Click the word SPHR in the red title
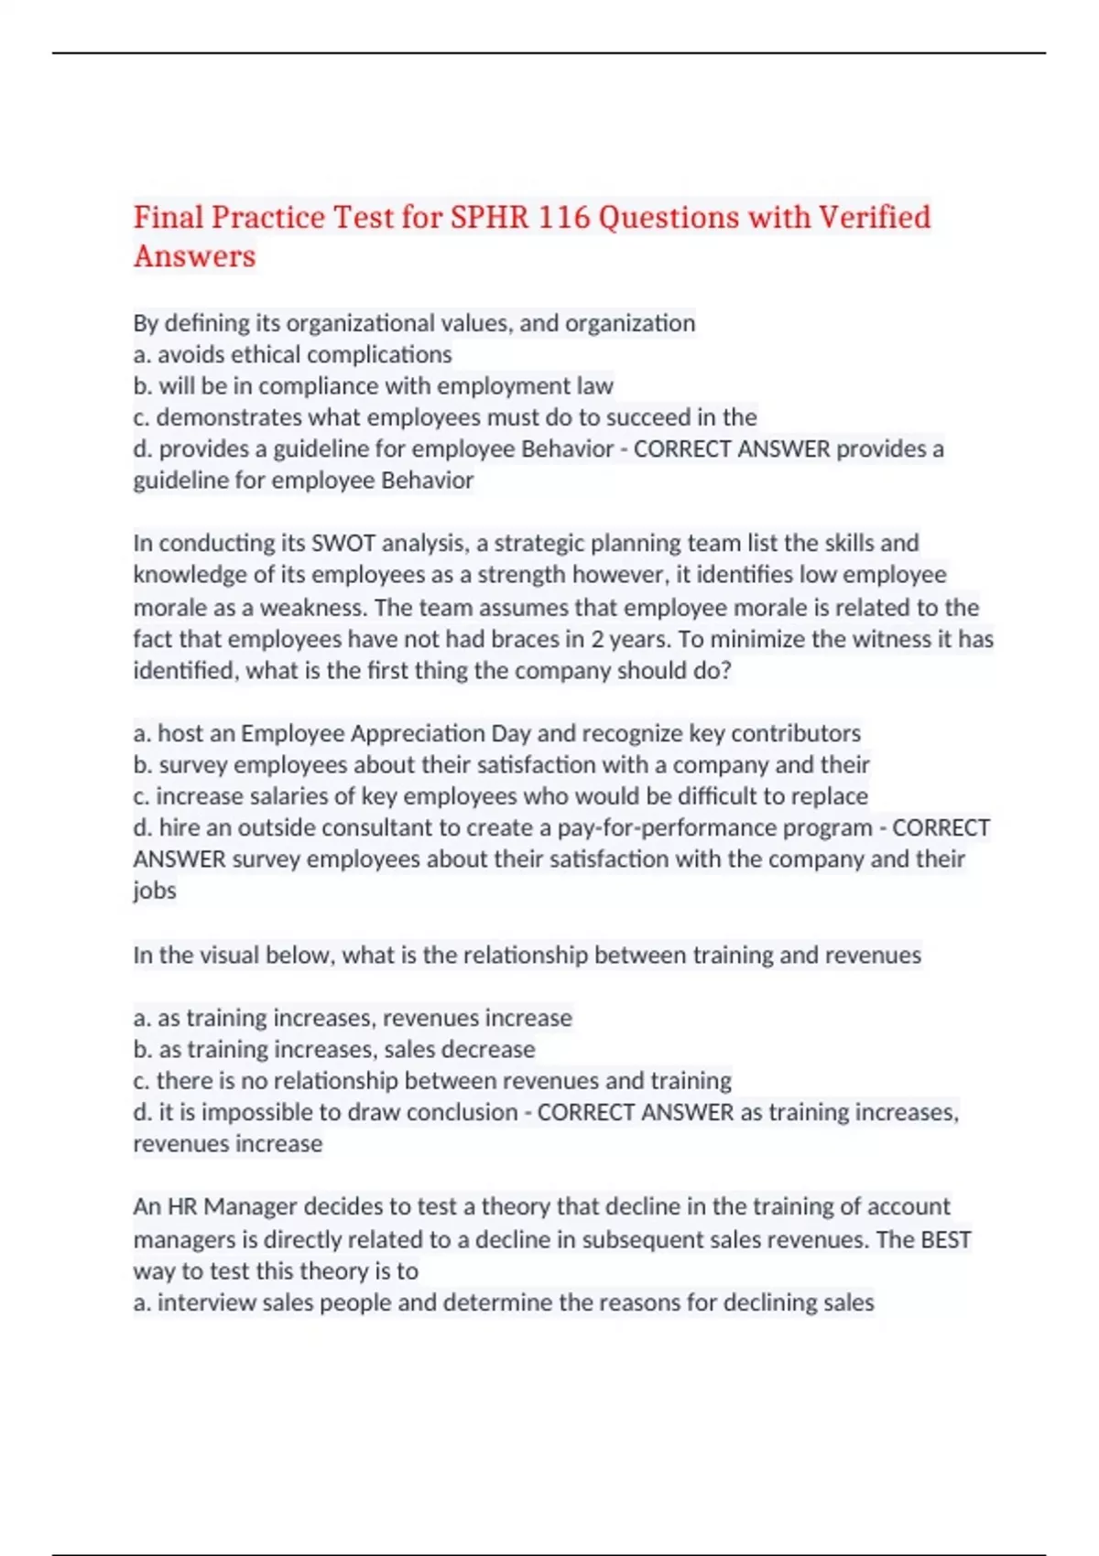pyautogui.click(x=488, y=218)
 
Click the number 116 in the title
pyautogui.click(x=563, y=218)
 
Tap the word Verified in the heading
pyautogui.click(x=874, y=218)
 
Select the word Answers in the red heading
pyautogui.click(x=194, y=256)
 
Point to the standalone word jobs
pyautogui.click(x=155, y=891)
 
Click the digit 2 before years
pyautogui.click(x=597, y=639)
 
